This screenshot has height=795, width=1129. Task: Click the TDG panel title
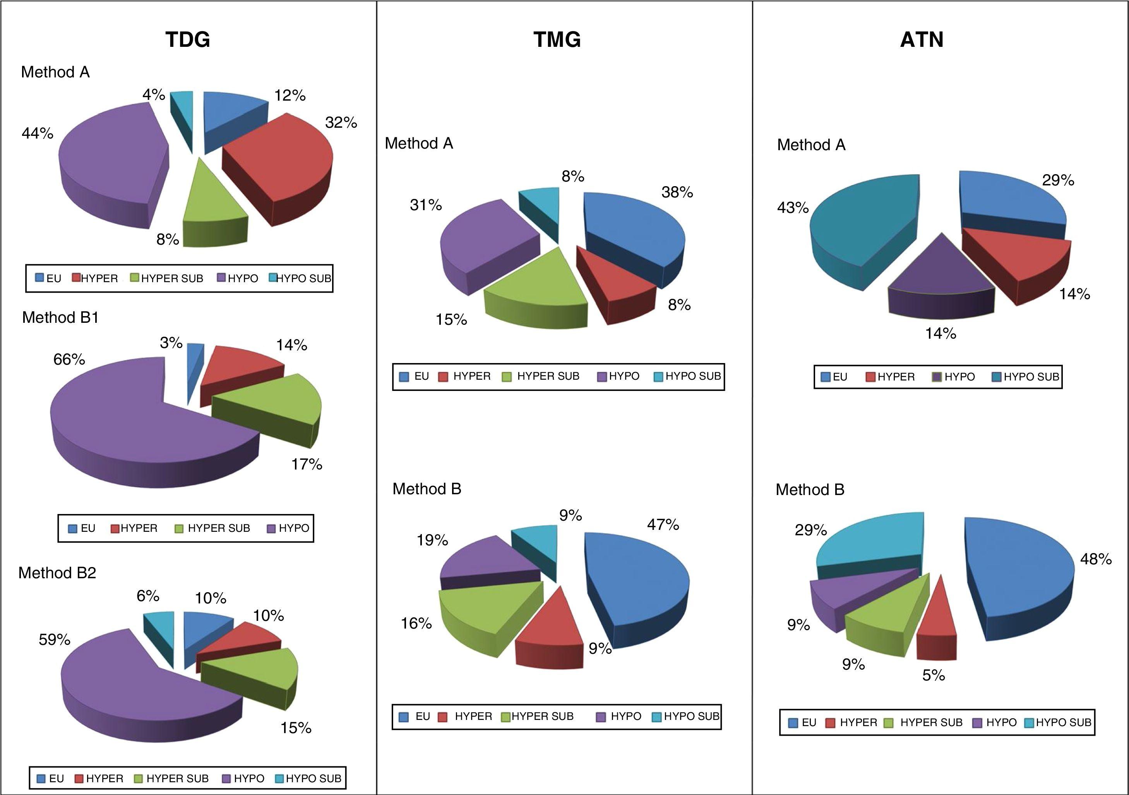click(x=188, y=39)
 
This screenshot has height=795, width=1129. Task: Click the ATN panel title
click(x=922, y=39)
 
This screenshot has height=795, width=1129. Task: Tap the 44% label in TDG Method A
click(x=38, y=133)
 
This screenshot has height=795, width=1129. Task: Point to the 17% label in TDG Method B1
click(x=307, y=464)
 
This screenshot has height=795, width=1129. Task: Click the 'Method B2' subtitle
click(x=57, y=573)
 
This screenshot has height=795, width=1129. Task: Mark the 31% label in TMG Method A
click(x=426, y=204)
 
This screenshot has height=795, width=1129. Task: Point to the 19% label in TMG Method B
click(x=432, y=540)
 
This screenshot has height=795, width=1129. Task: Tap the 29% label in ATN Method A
click(x=1058, y=180)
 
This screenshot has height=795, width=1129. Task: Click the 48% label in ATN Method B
click(x=1096, y=559)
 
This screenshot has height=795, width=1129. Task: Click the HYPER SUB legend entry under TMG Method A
click(x=541, y=376)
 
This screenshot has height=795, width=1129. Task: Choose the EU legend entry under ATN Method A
click(x=835, y=377)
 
